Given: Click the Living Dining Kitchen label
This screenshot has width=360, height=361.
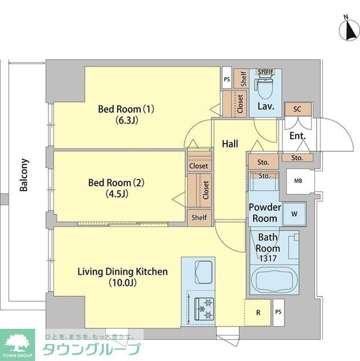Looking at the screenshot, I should click(122, 277).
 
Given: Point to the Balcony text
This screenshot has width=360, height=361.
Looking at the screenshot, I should click(24, 175).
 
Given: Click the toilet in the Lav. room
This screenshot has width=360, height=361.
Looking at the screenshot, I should click(264, 86).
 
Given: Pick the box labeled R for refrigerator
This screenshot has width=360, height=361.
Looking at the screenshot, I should click(257, 312).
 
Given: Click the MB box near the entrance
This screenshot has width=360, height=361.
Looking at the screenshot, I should click(297, 181).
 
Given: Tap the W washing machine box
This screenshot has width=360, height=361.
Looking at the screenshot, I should click(293, 214).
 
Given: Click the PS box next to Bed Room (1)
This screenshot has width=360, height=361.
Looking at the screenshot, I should click(226, 80).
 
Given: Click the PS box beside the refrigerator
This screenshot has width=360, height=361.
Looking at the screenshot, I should click(278, 312).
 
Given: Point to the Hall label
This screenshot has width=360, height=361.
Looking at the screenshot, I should click(230, 144).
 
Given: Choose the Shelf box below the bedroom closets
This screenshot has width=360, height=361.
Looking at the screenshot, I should click(199, 218).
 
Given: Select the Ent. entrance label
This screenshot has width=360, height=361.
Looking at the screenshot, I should click(297, 136).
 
